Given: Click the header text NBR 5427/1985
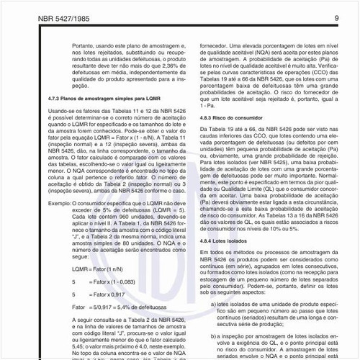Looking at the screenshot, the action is [45, 17].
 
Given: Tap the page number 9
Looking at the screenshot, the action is [336, 17].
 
